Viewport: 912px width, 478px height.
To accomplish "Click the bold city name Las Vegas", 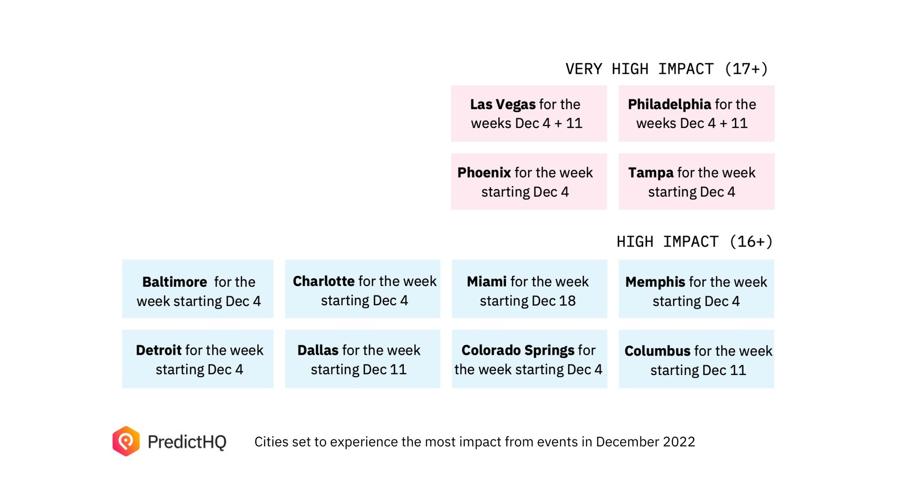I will (502, 104).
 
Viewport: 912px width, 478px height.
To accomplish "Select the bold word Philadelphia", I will (669, 104).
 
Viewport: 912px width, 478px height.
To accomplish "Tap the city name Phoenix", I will (483, 173).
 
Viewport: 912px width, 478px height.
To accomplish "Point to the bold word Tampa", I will (650, 173).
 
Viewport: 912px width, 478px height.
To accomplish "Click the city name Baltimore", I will (174, 282).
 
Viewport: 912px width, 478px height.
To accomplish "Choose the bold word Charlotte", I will (323, 281).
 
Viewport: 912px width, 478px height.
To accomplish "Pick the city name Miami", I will (486, 281).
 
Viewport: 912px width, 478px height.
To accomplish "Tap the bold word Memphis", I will (655, 282).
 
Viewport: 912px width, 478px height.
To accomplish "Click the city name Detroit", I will (158, 350).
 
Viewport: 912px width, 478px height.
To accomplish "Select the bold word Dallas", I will (317, 350).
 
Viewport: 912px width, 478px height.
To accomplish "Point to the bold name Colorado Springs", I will (517, 350).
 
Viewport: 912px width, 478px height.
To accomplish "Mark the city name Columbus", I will (657, 351).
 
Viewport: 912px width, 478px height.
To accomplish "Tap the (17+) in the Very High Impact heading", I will (746, 69).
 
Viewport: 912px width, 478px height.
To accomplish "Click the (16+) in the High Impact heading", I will (750, 242).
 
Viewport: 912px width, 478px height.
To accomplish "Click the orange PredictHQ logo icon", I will (126, 441).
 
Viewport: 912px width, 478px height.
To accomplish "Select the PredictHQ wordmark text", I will (187, 442).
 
